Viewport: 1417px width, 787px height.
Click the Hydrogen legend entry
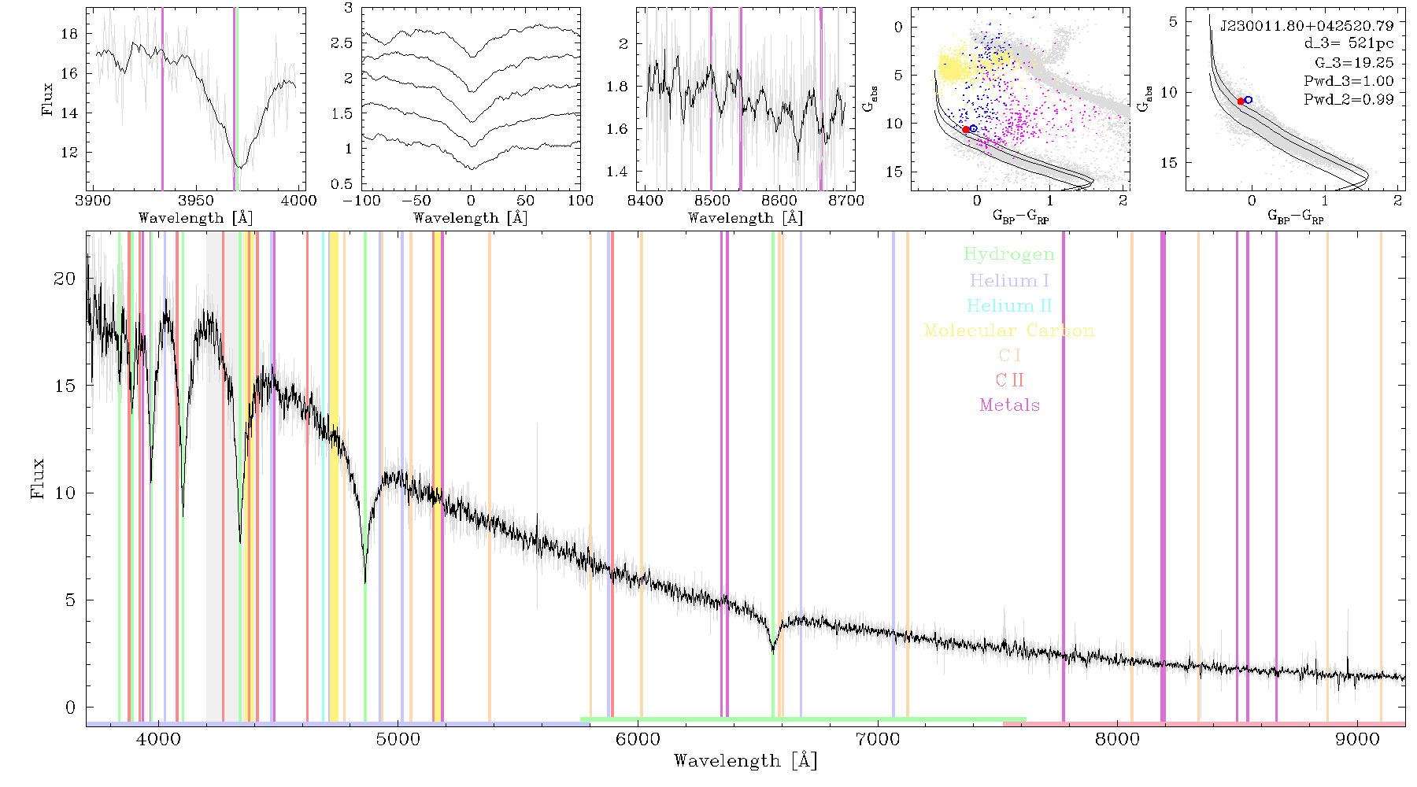[1008, 254]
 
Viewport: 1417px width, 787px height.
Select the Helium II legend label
[1009, 305]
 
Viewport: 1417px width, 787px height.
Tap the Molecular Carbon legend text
[1009, 331]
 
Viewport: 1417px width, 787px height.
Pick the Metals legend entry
[1010, 405]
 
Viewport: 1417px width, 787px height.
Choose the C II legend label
[1010, 380]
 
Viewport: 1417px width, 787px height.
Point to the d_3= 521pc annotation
[1337, 44]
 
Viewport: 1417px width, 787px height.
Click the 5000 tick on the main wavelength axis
[398, 739]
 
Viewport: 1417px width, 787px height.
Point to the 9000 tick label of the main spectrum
[1357, 739]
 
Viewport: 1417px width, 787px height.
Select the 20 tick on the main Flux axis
[65, 279]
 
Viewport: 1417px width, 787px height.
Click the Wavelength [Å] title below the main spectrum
[745, 761]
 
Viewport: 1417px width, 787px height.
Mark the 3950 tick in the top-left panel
[196, 200]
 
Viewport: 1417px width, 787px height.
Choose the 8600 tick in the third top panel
[779, 200]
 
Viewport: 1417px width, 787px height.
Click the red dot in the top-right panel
[1241, 102]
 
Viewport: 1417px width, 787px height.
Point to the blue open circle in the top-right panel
[1249, 100]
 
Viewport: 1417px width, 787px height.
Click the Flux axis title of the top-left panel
[48, 99]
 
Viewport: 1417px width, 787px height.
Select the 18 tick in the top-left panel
[69, 34]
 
